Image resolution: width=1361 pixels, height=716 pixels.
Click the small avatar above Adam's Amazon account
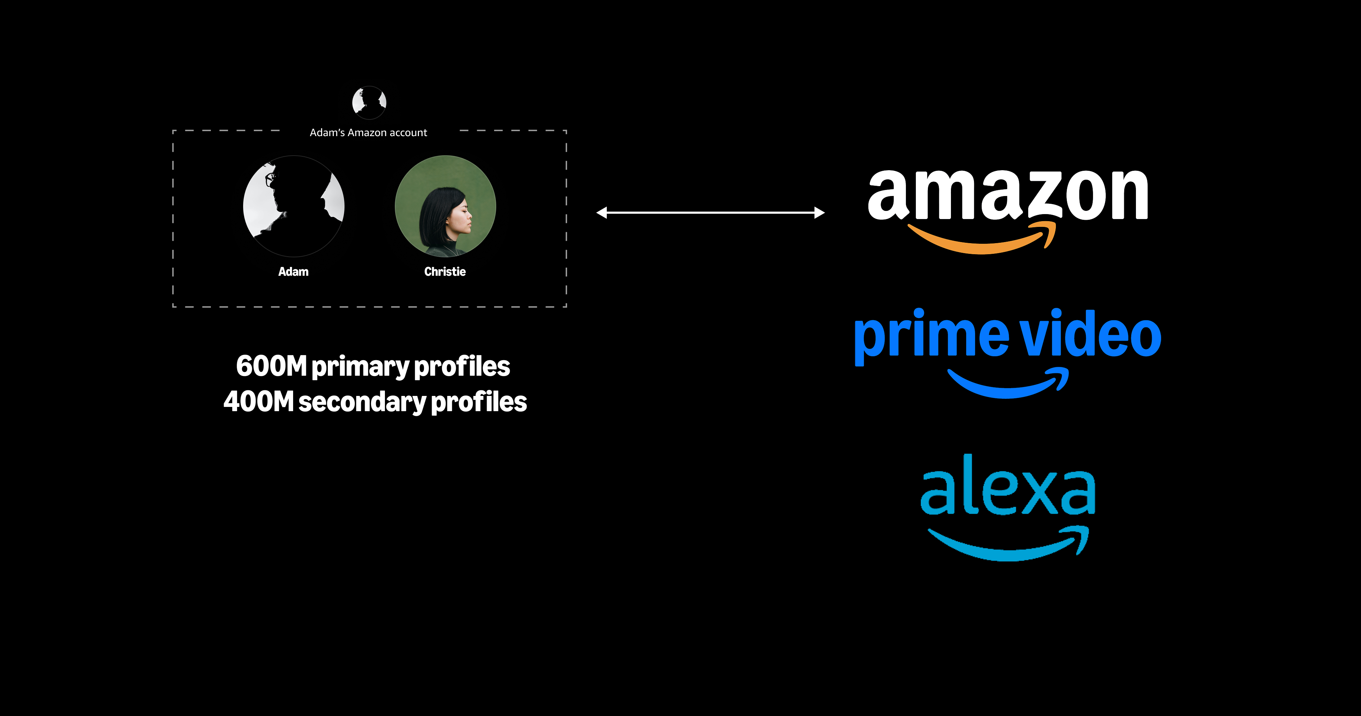(369, 102)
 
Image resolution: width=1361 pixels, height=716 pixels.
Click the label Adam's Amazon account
(368, 133)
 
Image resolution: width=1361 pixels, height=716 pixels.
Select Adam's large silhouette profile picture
(294, 206)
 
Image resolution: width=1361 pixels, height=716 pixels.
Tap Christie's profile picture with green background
(446, 206)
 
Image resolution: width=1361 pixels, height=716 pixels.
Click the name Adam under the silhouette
(293, 272)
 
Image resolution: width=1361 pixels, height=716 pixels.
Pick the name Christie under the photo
(445, 272)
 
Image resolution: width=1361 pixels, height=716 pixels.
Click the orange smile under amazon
(983, 240)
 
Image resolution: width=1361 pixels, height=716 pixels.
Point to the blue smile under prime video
(1007, 384)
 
